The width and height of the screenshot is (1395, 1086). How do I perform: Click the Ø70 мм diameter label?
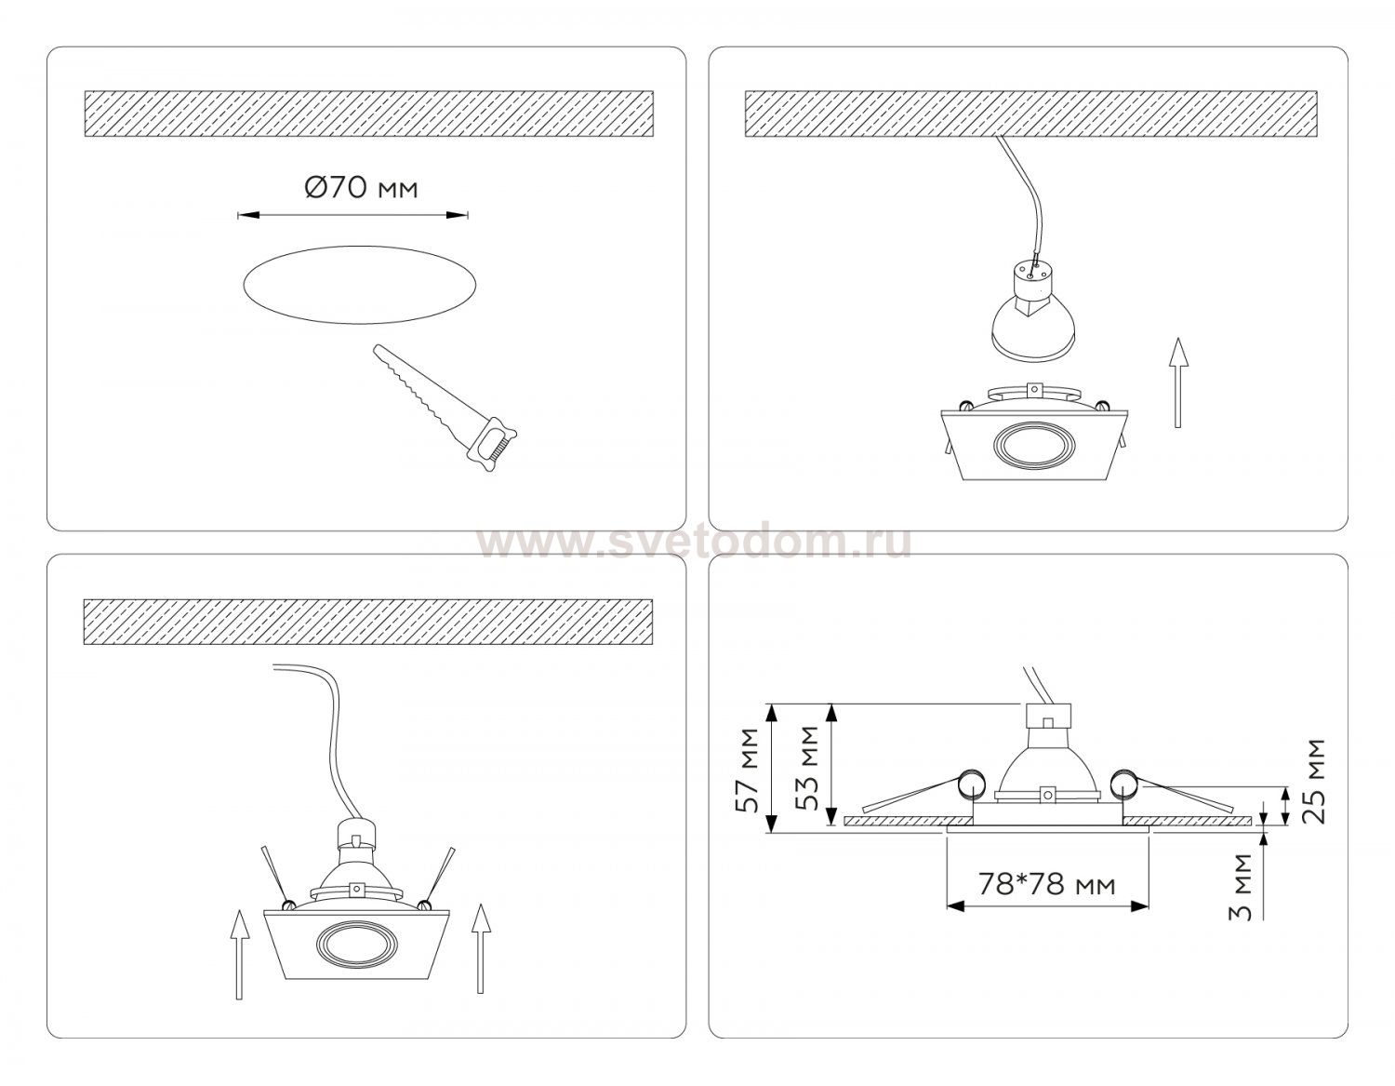point(361,187)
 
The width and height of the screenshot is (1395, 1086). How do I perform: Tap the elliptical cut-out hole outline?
point(360,248)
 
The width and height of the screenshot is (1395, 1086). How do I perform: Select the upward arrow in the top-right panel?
point(1177,382)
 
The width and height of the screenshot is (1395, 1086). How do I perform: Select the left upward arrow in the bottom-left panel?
point(239,955)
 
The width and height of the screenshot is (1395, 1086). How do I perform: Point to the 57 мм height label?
point(749,770)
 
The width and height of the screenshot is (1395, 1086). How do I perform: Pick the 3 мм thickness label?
point(1242,887)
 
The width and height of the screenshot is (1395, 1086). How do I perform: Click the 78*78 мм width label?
point(1046,884)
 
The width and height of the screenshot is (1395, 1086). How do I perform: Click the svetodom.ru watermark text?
point(696,542)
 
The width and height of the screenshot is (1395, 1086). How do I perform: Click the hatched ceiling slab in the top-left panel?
point(369,114)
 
